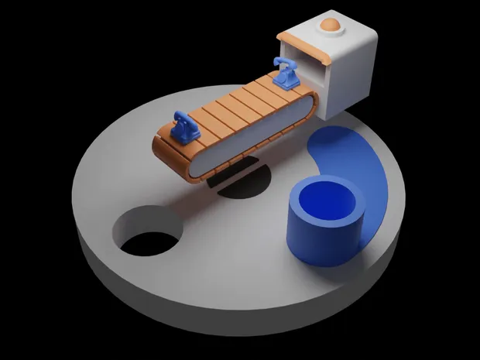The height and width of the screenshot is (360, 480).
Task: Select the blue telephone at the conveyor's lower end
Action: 184,128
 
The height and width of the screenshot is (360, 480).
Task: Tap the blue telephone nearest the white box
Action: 286,73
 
